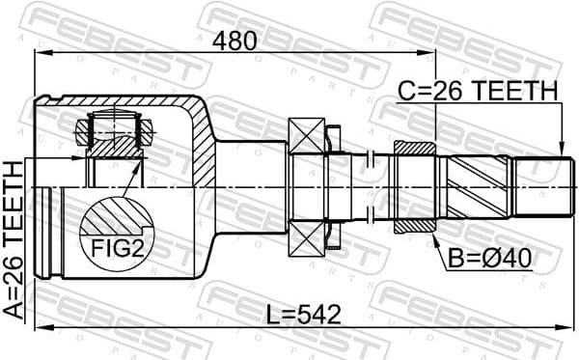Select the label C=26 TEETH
click(x=479, y=91)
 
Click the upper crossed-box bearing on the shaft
click(x=307, y=134)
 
